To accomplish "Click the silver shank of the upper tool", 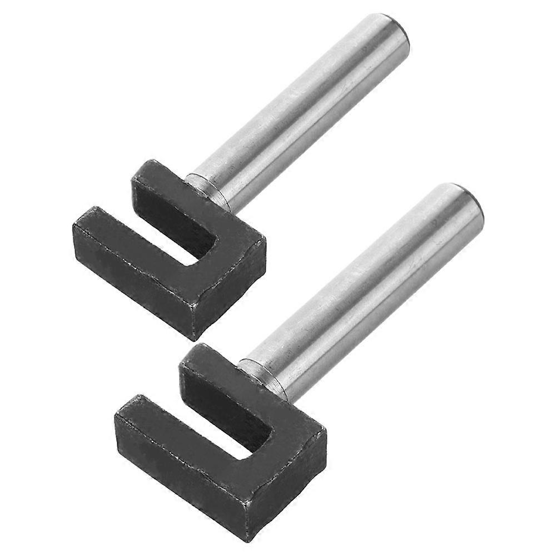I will pyautogui.click(x=300, y=111).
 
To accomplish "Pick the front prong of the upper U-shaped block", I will pyautogui.click(x=128, y=245).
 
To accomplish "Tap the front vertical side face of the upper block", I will pyautogui.click(x=133, y=278).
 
